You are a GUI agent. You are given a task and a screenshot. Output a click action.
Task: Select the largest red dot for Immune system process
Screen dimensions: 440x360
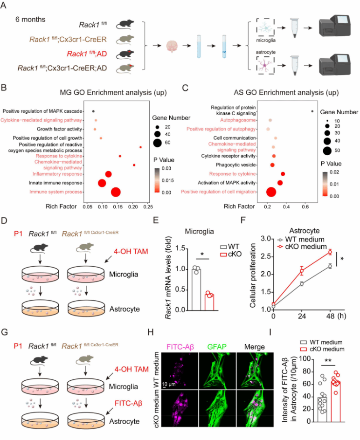tap(116, 192)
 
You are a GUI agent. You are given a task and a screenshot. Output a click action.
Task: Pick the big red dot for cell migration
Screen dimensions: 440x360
tap(270, 192)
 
